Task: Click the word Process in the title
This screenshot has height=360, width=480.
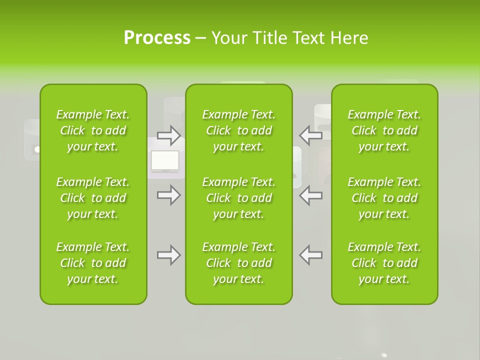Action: [x=157, y=38]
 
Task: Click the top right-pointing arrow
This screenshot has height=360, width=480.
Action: [x=168, y=135]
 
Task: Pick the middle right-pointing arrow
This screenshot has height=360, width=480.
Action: [x=168, y=195]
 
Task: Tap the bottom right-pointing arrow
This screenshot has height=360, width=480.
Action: [x=168, y=255]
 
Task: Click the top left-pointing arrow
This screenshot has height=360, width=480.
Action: [x=310, y=135]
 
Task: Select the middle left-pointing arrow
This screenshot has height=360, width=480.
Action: [x=310, y=195]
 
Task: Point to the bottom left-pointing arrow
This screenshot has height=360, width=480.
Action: [x=310, y=255]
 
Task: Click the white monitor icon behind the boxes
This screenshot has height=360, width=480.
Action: [x=165, y=161]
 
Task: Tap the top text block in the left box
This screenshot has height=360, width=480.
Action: [x=93, y=130]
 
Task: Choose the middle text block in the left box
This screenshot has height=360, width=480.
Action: [x=93, y=198]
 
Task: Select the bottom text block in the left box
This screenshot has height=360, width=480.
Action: [x=93, y=263]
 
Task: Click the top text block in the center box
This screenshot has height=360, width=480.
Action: [x=239, y=130]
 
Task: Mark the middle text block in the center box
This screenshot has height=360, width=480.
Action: [x=239, y=198]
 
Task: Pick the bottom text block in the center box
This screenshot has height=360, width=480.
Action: [x=239, y=263]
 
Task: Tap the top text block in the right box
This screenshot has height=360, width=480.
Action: [x=384, y=130]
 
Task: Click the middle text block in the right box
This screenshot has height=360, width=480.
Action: [x=384, y=198]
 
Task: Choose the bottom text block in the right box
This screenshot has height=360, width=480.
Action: [x=384, y=263]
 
